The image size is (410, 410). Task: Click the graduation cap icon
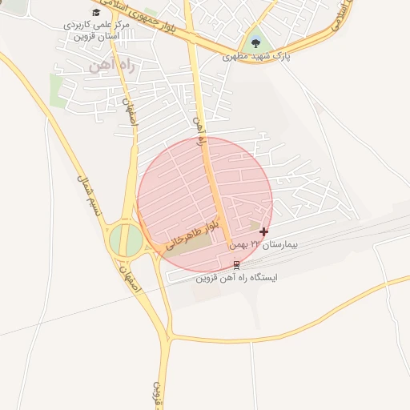[x=96, y=12]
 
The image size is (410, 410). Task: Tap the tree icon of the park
[x=255, y=42]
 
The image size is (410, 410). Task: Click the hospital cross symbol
[x=264, y=231]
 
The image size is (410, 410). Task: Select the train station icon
[x=236, y=264]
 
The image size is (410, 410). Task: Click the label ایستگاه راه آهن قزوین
[x=236, y=278]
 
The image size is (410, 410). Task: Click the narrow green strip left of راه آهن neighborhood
[x=57, y=90]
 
